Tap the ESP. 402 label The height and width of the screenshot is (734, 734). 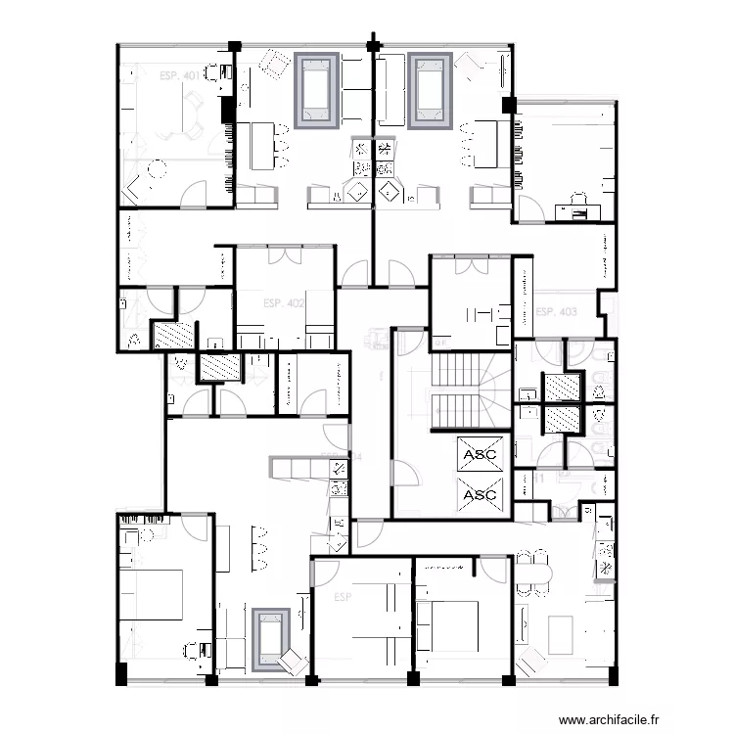(284, 303)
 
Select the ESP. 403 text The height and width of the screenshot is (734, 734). (555, 312)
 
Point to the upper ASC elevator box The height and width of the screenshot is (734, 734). (480, 455)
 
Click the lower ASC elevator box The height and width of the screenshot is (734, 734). (480, 494)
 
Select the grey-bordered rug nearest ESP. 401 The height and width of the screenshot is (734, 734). (318, 92)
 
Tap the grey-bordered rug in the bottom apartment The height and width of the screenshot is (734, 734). (269, 639)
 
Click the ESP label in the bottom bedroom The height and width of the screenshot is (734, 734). (342, 596)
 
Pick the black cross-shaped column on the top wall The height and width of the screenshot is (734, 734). (373, 44)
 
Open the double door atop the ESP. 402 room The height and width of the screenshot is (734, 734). (285, 257)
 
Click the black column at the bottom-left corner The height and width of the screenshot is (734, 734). (121, 675)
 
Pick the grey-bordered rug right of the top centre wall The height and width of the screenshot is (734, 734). (429, 92)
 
